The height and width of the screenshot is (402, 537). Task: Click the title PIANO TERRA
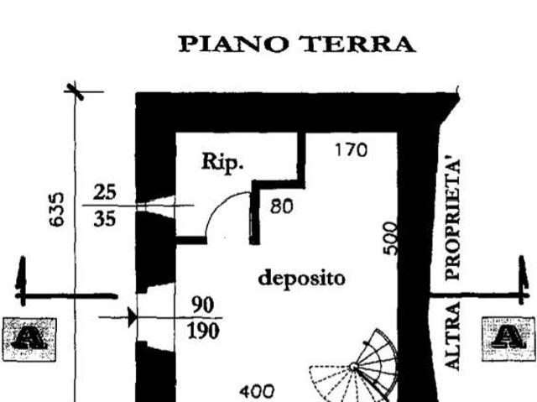coord(297,44)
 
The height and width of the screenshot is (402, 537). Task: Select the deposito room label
coord(301,278)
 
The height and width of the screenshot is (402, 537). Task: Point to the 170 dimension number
coord(351,151)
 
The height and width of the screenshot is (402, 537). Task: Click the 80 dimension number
coord(281,205)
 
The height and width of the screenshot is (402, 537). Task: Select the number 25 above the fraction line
coord(106,193)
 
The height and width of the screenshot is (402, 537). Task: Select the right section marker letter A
coord(506,337)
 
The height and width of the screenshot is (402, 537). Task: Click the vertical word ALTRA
coord(453,336)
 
